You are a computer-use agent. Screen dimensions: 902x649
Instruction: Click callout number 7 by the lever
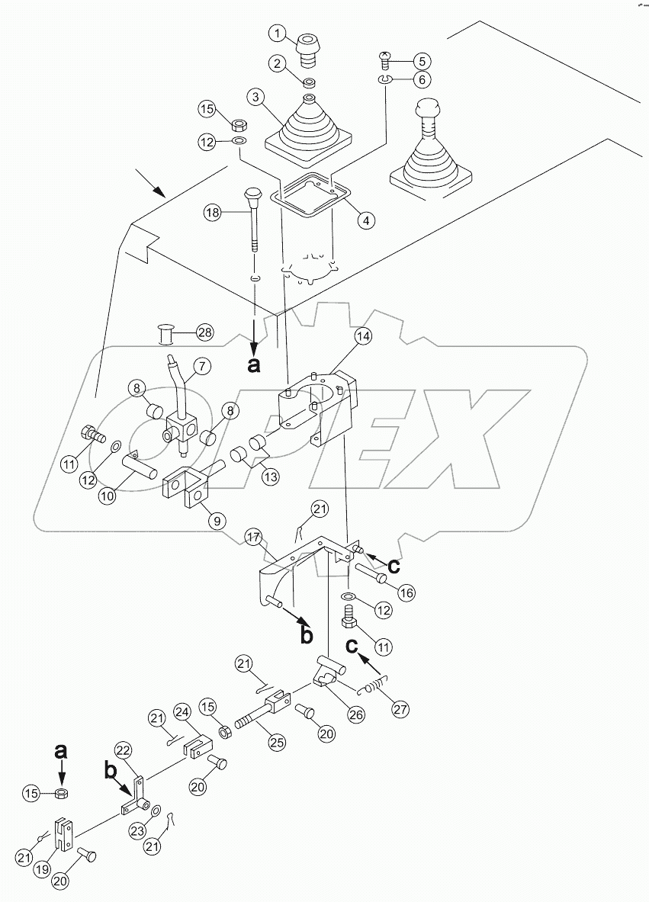(x=202, y=367)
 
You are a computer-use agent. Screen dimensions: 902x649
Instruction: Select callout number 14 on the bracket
(x=363, y=336)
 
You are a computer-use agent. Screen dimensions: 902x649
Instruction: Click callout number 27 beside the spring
(x=400, y=709)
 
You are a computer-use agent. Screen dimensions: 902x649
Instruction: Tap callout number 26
(x=355, y=714)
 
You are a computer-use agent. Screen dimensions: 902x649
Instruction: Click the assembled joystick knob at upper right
(x=428, y=111)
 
